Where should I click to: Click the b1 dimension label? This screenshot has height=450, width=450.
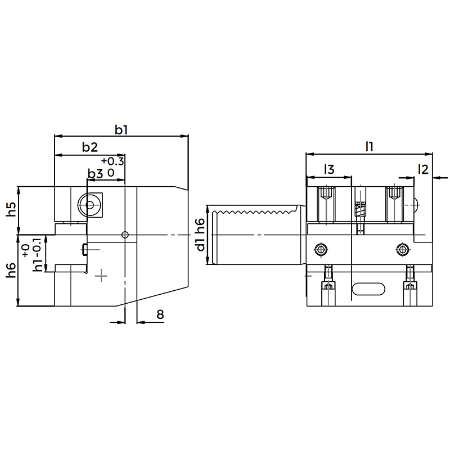point(121,130)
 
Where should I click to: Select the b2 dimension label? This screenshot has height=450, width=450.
point(90,147)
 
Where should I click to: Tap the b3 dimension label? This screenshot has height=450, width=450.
point(95,174)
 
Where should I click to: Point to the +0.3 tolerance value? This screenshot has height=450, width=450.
point(112,161)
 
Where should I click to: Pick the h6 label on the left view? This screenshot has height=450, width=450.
point(11,269)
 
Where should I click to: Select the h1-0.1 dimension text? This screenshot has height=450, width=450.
point(38,254)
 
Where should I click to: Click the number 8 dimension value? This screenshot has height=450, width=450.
point(160,314)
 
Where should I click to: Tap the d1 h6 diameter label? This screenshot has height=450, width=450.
point(201,234)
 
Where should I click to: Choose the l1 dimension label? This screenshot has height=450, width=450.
point(370,147)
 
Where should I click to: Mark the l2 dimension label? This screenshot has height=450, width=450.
point(423,169)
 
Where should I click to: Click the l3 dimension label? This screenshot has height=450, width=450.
point(329,169)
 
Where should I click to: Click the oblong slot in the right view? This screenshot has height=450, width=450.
point(368,289)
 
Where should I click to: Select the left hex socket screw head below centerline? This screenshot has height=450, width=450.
point(321,249)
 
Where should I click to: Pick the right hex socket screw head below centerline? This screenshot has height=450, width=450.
point(402,249)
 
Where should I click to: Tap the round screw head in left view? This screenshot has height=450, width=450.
point(89,205)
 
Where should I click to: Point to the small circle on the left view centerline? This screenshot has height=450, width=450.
point(125,235)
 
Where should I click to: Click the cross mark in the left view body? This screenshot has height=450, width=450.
point(101,276)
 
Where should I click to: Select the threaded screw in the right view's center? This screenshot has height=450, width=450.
point(359,209)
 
